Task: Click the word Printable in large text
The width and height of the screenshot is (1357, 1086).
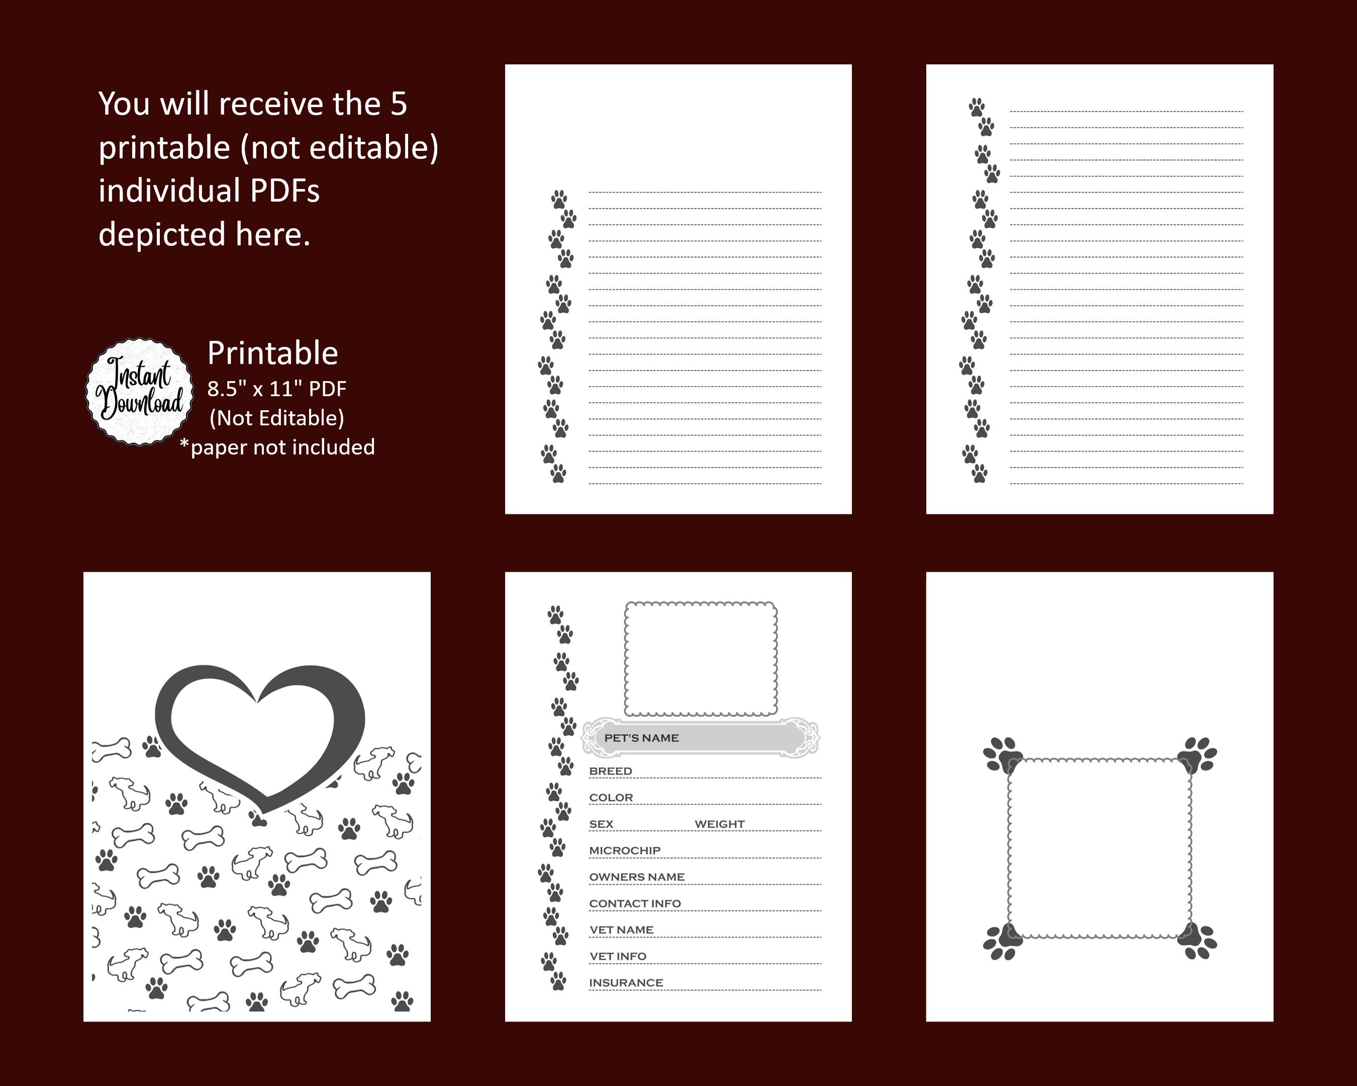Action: point(272,352)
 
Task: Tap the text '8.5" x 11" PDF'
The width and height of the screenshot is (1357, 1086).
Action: point(277,389)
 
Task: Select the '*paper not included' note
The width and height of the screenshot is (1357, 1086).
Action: point(277,447)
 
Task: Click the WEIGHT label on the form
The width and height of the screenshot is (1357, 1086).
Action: point(719,824)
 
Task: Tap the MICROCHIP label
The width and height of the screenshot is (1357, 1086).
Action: point(624,851)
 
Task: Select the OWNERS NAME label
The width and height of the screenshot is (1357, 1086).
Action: point(636,877)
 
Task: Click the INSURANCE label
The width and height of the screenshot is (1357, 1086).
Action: point(626,983)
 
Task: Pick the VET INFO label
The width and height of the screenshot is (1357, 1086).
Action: point(618,956)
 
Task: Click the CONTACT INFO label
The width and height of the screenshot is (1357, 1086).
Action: point(634,903)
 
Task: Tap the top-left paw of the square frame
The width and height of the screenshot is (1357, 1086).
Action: point(1003,754)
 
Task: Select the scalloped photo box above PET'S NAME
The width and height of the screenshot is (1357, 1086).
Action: point(701,659)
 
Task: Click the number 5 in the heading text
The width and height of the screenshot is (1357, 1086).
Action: point(399,104)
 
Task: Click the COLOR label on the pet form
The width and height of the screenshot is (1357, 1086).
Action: point(611,798)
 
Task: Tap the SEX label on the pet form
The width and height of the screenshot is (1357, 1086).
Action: point(601,824)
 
